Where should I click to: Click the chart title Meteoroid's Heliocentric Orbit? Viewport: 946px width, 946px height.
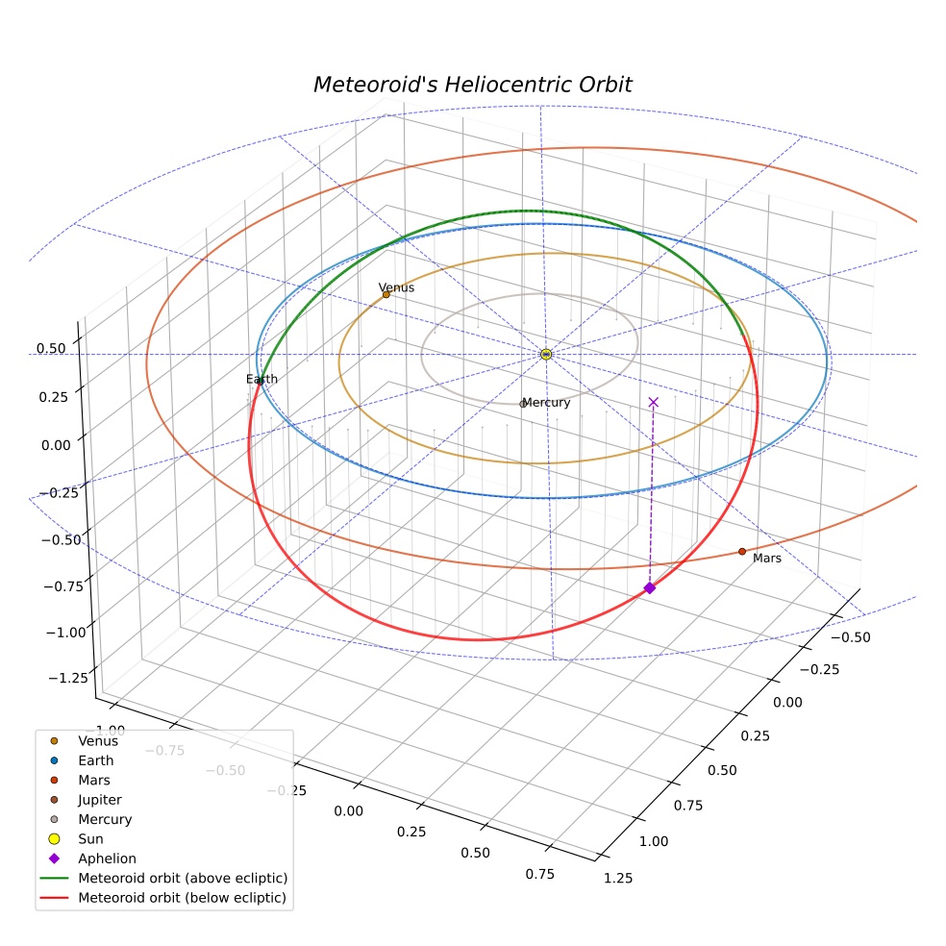(x=472, y=85)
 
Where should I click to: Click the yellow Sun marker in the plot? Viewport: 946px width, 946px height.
(x=546, y=354)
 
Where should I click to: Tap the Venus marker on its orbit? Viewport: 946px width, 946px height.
(x=386, y=294)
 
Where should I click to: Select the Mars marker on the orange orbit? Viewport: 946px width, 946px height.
(x=742, y=552)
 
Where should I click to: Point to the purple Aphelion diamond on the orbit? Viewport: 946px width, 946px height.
(x=650, y=587)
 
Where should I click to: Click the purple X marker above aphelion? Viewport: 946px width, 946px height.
(x=654, y=402)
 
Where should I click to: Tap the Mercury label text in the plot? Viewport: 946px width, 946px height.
(x=547, y=403)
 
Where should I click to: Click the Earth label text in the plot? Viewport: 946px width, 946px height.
(x=261, y=379)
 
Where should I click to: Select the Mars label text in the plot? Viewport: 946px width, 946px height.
(x=767, y=558)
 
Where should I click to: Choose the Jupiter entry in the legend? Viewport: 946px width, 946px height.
(x=100, y=800)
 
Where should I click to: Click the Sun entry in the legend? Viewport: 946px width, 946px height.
(x=90, y=838)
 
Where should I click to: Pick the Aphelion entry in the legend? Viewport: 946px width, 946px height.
(x=107, y=859)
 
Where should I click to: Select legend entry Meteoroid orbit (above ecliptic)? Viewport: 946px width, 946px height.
(x=183, y=878)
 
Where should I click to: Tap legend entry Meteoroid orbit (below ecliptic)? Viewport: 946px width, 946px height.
(x=183, y=898)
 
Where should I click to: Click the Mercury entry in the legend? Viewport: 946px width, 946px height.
(x=105, y=819)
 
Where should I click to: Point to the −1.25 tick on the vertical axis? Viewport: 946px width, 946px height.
(x=68, y=678)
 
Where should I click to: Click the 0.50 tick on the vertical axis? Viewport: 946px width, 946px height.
(x=51, y=349)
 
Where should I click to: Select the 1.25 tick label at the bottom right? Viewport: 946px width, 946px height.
(x=618, y=878)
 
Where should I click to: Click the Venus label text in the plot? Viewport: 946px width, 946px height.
(x=396, y=287)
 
